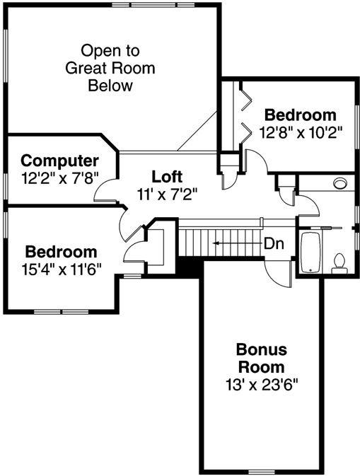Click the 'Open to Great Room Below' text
[110, 69]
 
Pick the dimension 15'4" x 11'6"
[61, 268]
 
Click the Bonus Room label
[261, 359]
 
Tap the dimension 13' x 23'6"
[261, 385]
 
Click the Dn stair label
[274, 243]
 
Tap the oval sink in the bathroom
[341, 183]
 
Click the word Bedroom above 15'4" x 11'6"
[61, 252]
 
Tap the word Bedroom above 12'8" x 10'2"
[300, 115]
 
